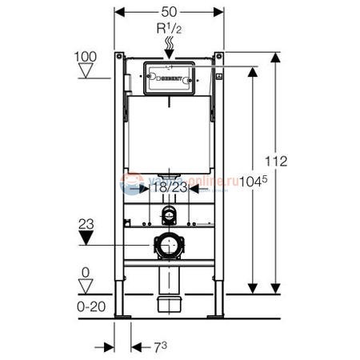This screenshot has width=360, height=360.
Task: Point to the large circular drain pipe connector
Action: (168, 246)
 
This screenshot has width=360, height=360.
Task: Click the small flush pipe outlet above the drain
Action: (168, 214)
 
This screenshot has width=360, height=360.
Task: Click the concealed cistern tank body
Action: (168, 132)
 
